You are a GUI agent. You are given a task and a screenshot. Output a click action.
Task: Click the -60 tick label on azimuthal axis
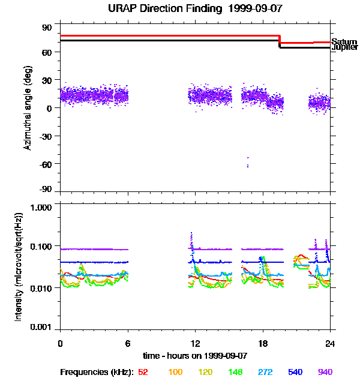pos(46,164)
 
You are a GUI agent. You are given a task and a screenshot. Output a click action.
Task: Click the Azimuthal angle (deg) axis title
pos(28,108)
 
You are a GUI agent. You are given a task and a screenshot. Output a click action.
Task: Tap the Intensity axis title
pos(19,266)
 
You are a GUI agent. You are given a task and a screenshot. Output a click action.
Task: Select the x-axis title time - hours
pos(196,355)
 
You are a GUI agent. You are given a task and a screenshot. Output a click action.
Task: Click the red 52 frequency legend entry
pos(143,372)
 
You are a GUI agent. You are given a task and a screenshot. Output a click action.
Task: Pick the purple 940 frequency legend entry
pos(325,372)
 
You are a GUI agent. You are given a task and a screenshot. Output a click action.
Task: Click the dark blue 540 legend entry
pos(295,372)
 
